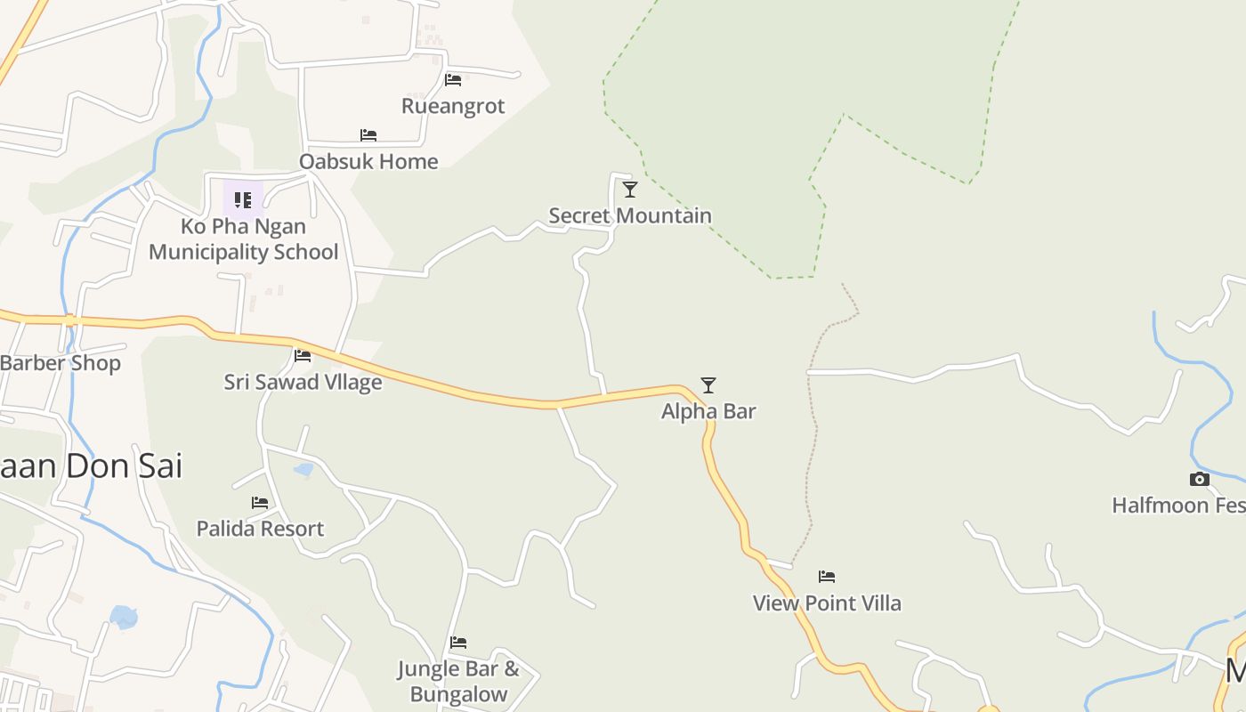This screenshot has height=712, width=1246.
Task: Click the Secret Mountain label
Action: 630,215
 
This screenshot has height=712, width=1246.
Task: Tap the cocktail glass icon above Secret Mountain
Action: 630,189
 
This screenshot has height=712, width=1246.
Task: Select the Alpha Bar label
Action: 708,411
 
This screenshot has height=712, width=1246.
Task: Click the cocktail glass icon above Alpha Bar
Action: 708,384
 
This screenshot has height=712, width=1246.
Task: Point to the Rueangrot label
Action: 453,106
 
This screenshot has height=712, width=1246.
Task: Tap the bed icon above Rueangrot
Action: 453,79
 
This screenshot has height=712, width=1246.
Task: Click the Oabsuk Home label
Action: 368,161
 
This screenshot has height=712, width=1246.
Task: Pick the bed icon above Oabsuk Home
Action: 368,135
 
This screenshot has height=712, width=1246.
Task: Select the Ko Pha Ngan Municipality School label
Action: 244,239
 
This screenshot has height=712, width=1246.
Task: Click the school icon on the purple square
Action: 243,199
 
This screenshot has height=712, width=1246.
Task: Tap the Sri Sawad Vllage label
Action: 303,382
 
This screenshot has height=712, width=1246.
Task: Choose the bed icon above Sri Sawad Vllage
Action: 303,356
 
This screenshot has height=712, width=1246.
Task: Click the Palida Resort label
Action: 260,529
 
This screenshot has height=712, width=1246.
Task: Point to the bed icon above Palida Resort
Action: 260,503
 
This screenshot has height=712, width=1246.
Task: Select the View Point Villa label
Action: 827,603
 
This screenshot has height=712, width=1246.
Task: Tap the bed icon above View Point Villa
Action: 827,577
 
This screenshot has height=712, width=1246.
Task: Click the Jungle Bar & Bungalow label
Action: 458,682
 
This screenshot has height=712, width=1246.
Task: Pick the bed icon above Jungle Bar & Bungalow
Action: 458,642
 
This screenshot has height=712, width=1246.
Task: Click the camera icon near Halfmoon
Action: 1200,480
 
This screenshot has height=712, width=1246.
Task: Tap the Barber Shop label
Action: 61,363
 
